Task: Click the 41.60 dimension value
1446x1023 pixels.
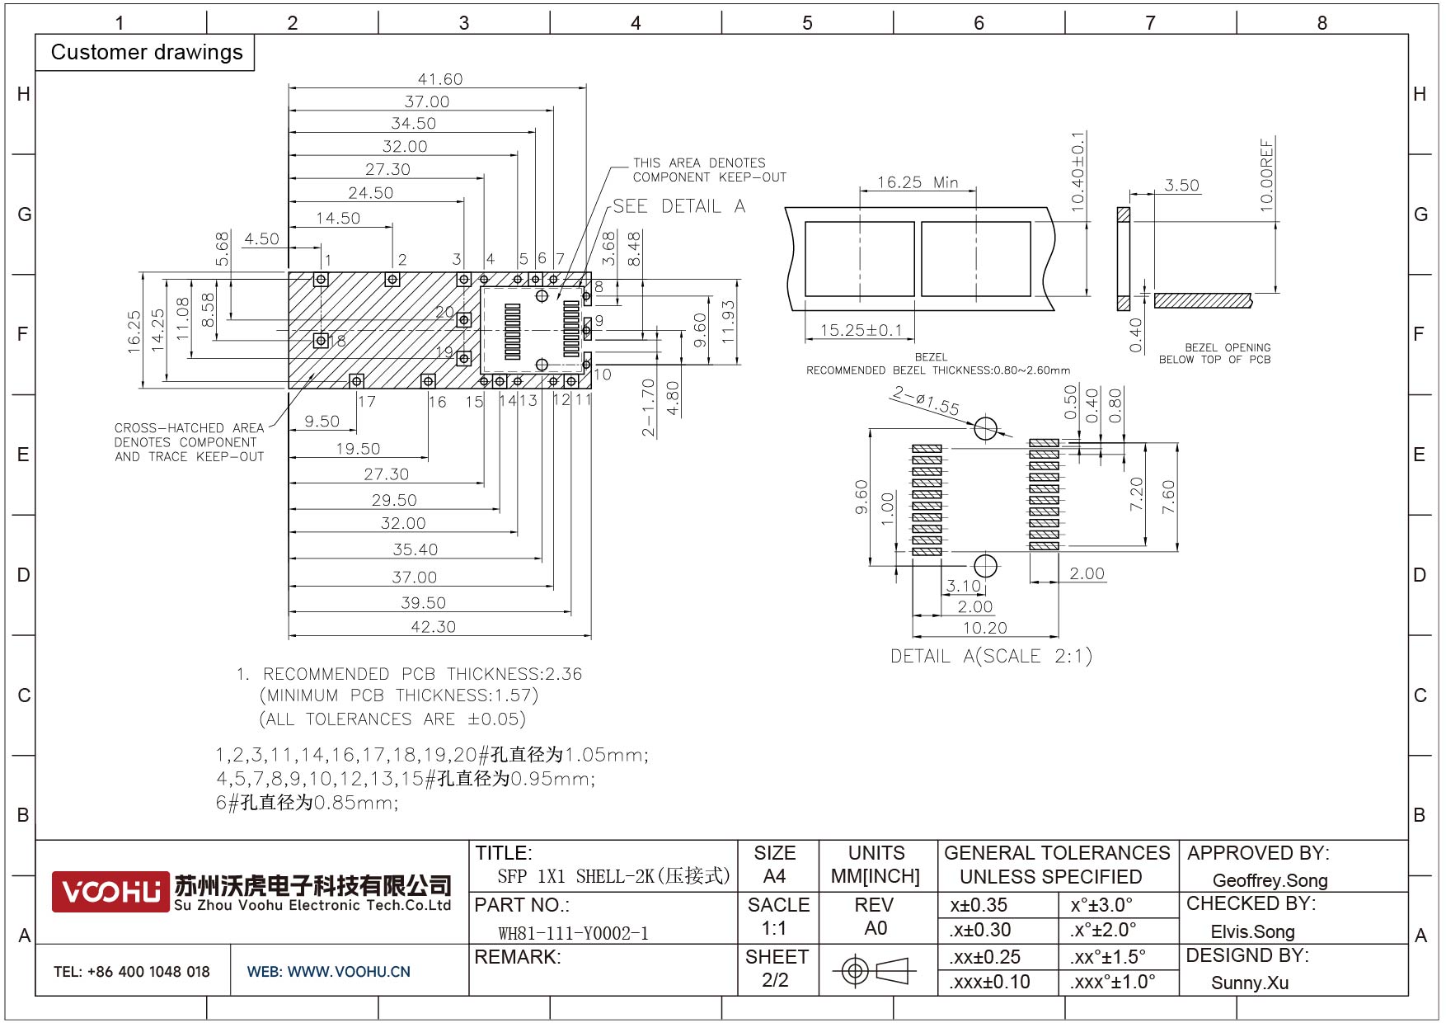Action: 439,79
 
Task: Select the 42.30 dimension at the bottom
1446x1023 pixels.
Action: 433,627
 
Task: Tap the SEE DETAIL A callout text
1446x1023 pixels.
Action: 678,206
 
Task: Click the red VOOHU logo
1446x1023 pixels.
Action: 110,892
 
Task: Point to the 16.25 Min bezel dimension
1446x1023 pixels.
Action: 917,182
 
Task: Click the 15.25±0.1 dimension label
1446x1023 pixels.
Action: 861,330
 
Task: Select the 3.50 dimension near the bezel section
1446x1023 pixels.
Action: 1181,186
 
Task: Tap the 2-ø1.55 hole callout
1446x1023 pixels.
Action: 925,401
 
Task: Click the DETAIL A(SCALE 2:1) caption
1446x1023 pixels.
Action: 991,657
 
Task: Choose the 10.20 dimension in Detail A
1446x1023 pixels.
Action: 984,628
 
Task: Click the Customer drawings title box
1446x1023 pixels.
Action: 146,53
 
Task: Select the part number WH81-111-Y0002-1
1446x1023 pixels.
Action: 573,933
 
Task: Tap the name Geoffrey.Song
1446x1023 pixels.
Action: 1270,880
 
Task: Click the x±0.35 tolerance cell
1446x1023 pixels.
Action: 979,905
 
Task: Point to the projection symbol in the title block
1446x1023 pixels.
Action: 875,971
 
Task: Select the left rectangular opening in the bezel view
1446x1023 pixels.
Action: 859,259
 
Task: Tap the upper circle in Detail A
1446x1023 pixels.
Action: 985,429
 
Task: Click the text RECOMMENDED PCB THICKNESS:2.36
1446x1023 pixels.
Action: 421,674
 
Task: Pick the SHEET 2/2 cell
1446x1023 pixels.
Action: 776,969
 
